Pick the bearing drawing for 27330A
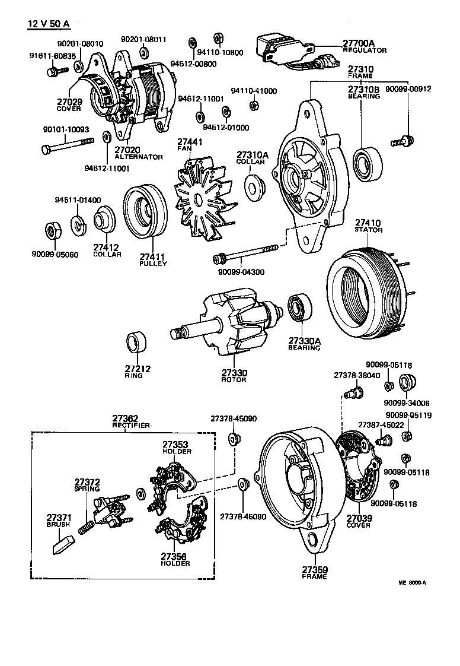point(296,308)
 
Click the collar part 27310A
point(254,186)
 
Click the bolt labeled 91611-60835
point(53,71)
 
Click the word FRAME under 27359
point(314,576)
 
